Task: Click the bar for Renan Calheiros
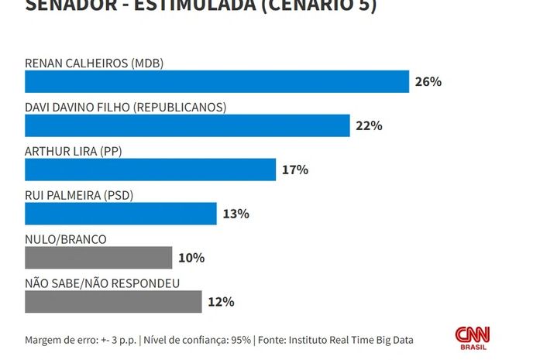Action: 217,81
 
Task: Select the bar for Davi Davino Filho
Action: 187,125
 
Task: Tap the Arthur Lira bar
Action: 150,170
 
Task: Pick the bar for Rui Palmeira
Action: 121,214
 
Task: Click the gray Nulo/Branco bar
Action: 98,258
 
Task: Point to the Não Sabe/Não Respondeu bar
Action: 113,302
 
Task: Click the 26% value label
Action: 428,81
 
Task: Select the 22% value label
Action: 370,125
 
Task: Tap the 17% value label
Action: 295,170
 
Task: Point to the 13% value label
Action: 236,214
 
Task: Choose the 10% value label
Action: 191,258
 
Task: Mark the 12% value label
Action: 221,302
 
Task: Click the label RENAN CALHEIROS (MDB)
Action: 95,63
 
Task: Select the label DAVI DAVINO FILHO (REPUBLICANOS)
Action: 125,107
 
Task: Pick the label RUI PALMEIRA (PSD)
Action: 79,195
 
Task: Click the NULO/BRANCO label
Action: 66,239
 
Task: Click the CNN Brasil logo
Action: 472,338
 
